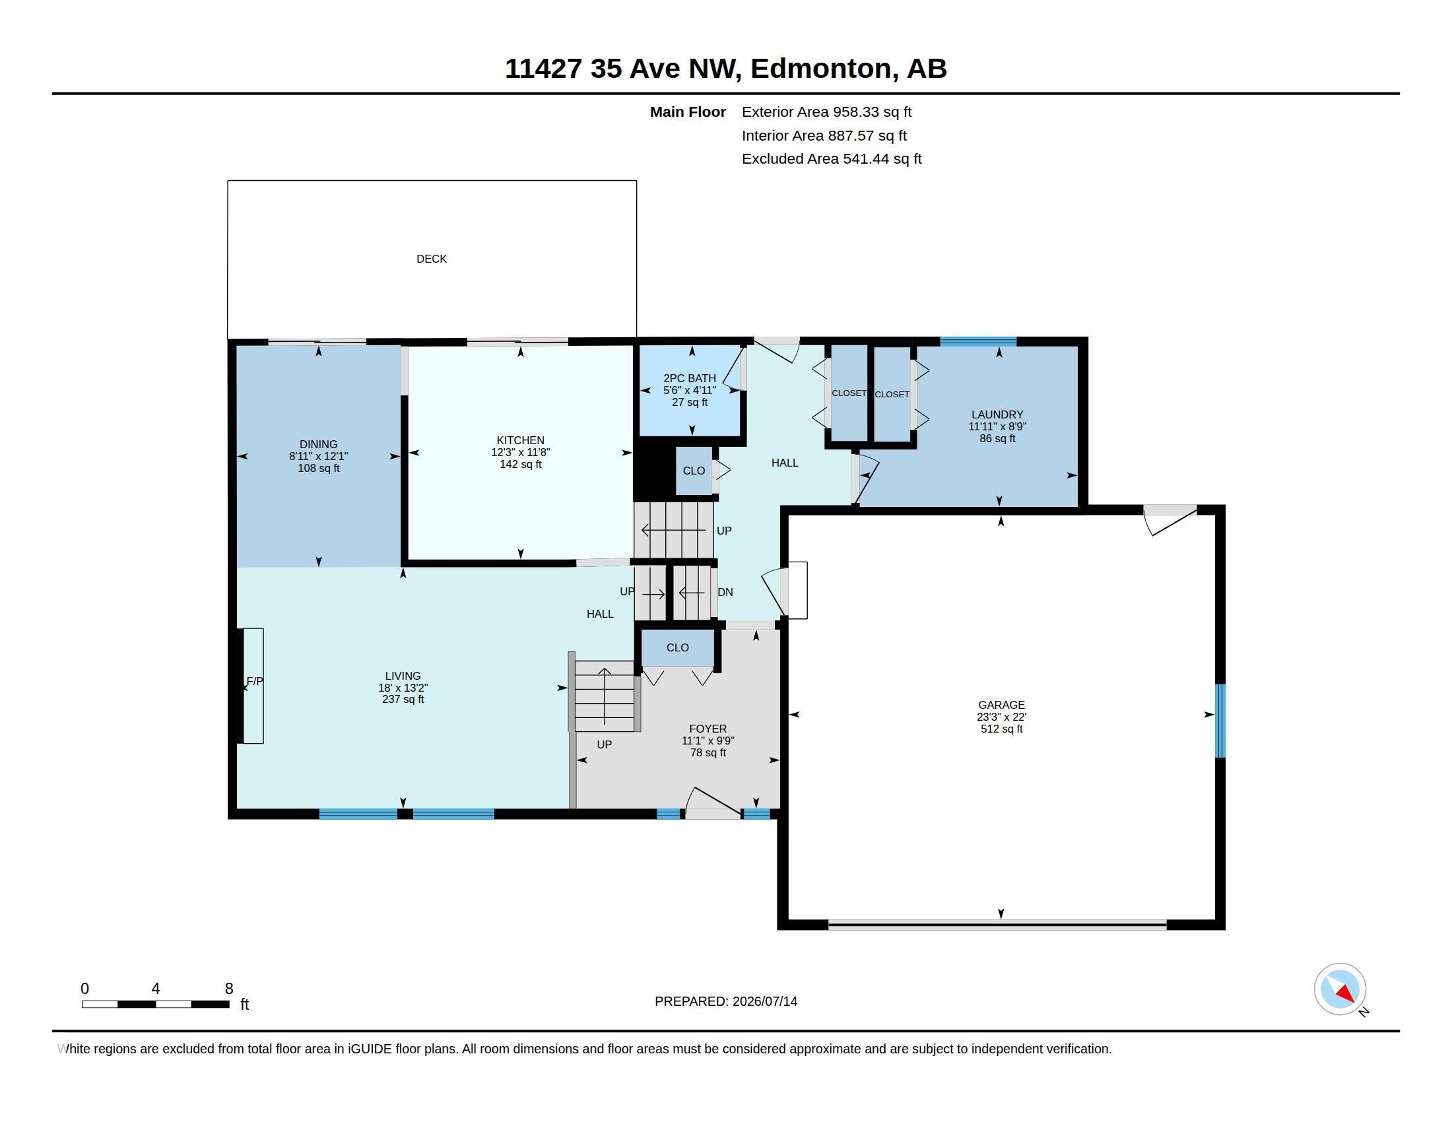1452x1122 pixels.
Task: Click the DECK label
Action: pos(432,259)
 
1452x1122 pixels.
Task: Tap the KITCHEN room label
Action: pos(521,440)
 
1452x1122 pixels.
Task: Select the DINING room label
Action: pos(319,444)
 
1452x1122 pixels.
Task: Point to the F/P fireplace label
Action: pos(255,681)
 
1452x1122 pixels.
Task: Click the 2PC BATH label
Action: pos(690,378)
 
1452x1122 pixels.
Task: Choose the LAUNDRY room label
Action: pos(997,414)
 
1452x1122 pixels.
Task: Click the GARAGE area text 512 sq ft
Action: pos(1001,729)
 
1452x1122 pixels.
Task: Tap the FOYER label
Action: pos(708,729)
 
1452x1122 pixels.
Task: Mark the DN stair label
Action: pos(725,592)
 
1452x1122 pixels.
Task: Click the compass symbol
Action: pos(1340,989)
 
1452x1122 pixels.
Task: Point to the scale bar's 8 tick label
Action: pos(230,989)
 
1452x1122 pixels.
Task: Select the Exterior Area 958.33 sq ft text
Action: pos(826,112)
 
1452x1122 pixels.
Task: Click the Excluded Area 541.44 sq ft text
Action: pos(832,159)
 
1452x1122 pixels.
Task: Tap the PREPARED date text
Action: pos(726,1001)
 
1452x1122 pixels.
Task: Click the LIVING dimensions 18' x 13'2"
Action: pos(403,688)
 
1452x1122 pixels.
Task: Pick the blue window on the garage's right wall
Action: pos(1220,721)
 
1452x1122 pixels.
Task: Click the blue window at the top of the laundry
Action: pos(978,342)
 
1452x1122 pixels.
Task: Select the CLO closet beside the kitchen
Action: pos(694,471)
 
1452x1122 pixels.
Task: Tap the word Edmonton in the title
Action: pos(822,69)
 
